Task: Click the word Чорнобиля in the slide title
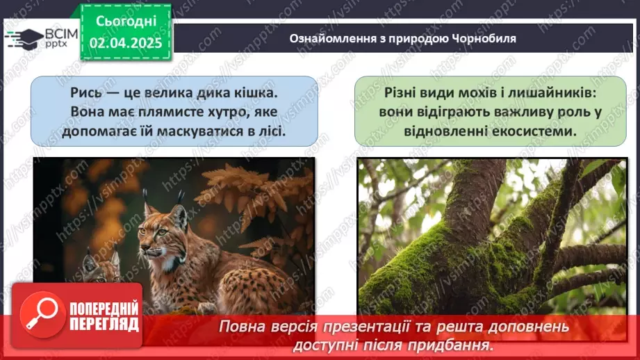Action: [x=486, y=39]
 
